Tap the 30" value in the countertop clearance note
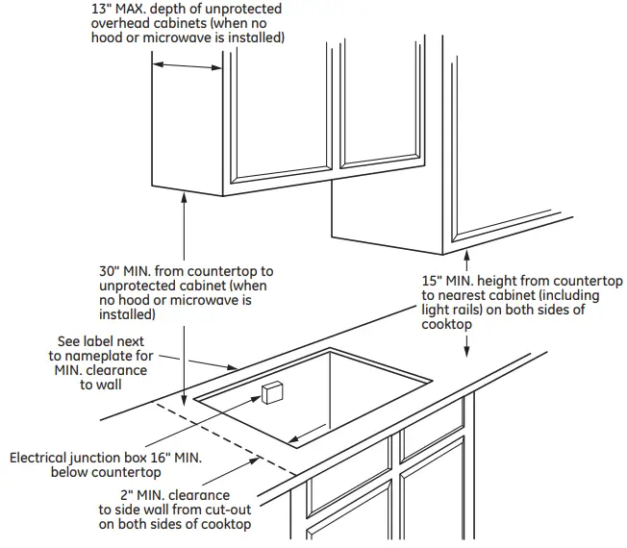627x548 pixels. (x=109, y=272)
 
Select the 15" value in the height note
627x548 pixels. (x=433, y=281)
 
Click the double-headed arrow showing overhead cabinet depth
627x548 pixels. (x=188, y=66)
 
